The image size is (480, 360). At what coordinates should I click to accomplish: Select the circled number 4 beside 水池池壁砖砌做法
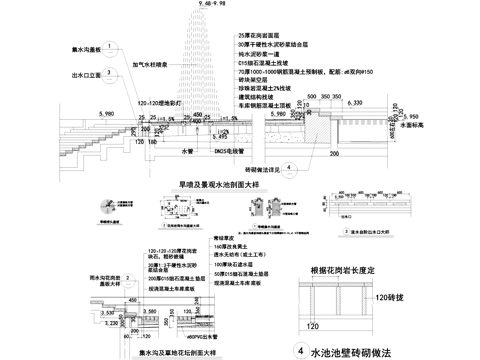coord(302,352)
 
